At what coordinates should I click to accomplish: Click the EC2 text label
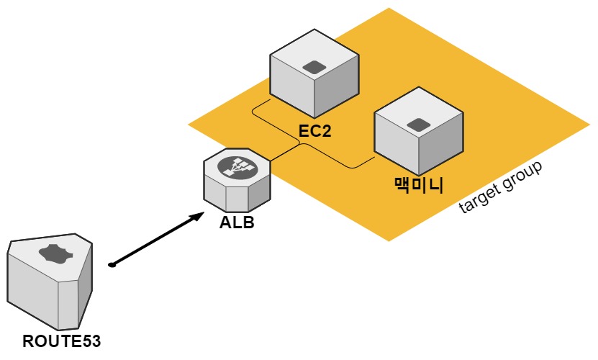[314, 131]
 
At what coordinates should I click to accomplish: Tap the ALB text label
[237, 222]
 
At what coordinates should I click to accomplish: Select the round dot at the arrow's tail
[112, 266]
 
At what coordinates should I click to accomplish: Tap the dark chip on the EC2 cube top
[314, 68]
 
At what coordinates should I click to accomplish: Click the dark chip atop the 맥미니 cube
[419, 125]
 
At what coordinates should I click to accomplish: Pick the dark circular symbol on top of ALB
[238, 168]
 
